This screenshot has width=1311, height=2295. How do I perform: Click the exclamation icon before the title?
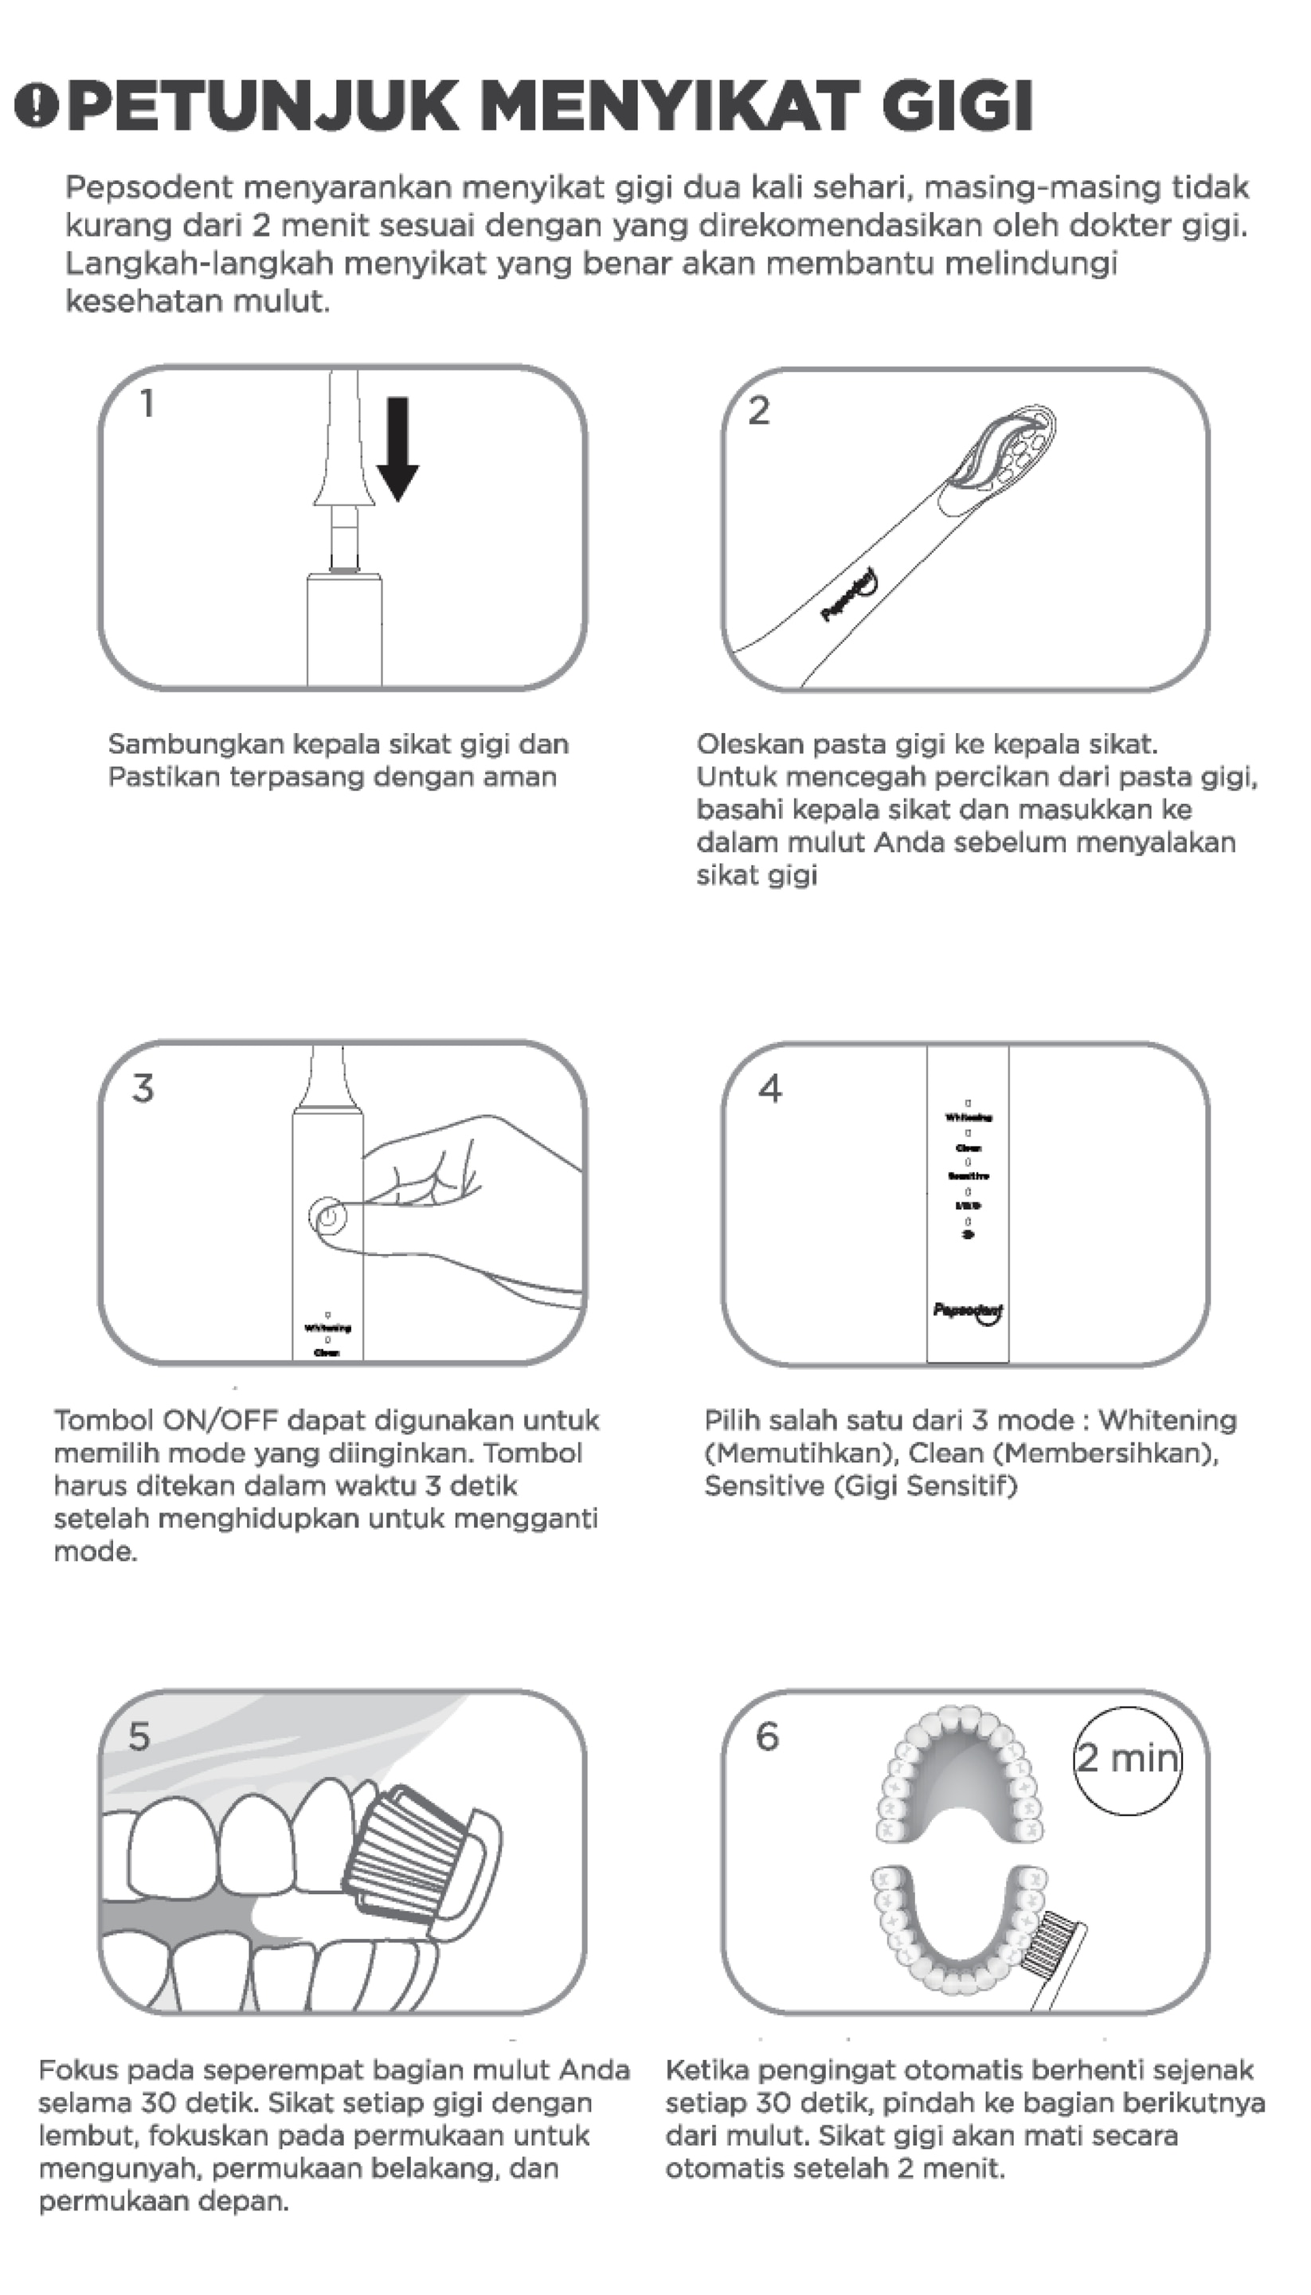coord(36,105)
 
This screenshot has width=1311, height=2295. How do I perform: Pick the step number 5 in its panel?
coord(139,1736)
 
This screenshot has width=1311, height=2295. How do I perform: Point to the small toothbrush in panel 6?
coord(1061,1955)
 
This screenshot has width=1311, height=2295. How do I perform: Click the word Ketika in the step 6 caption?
coord(706,2071)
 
